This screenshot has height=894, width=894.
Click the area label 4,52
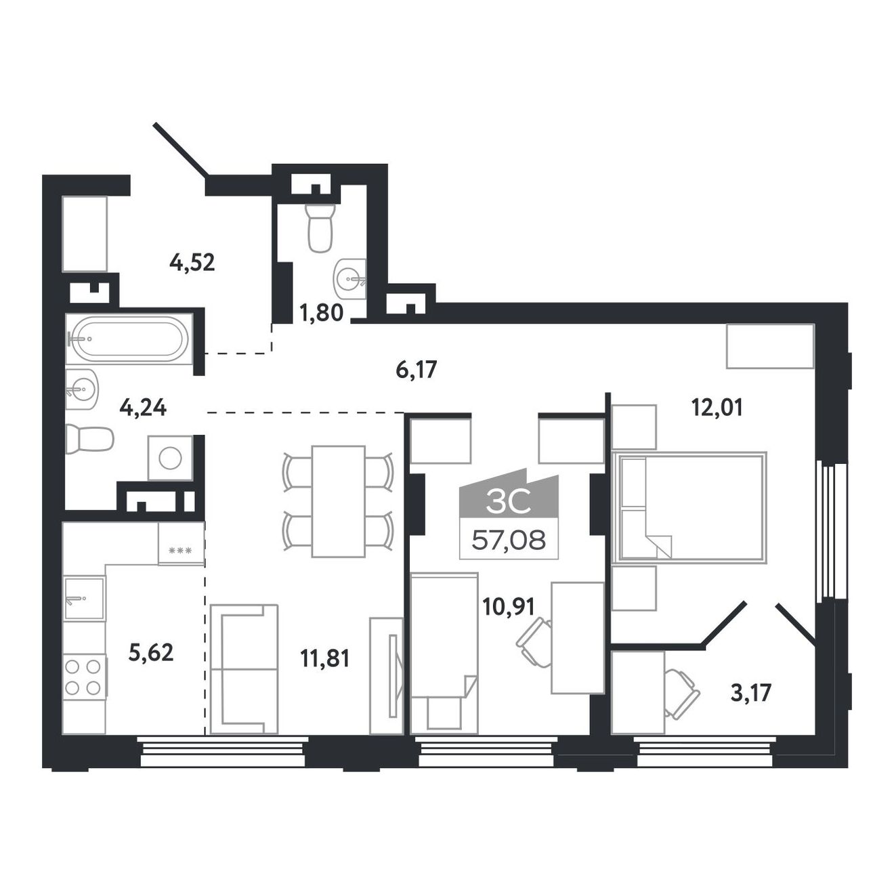(192, 263)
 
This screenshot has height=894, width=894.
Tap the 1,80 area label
(321, 313)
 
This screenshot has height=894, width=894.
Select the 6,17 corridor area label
(416, 370)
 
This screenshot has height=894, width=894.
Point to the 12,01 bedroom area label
(717, 408)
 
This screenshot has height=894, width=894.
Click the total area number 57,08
(509, 540)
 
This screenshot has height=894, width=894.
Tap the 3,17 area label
(750, 706)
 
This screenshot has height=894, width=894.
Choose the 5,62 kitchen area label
(152, 652)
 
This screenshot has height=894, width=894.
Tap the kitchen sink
(84, 599)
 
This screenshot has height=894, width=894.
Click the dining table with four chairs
(338, 501)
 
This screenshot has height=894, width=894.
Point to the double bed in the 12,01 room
(689, 507)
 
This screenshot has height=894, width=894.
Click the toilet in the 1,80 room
(320, 228)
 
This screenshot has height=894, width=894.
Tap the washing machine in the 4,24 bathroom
(170, 458)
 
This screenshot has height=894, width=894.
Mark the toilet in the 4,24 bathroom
(89, 438)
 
